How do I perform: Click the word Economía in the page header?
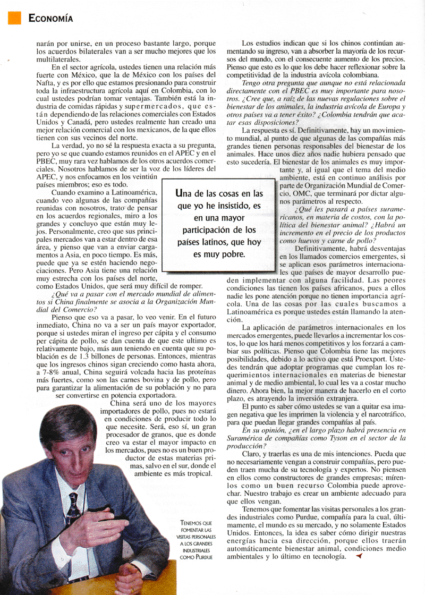point(50,19)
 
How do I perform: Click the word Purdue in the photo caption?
point(201,558)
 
